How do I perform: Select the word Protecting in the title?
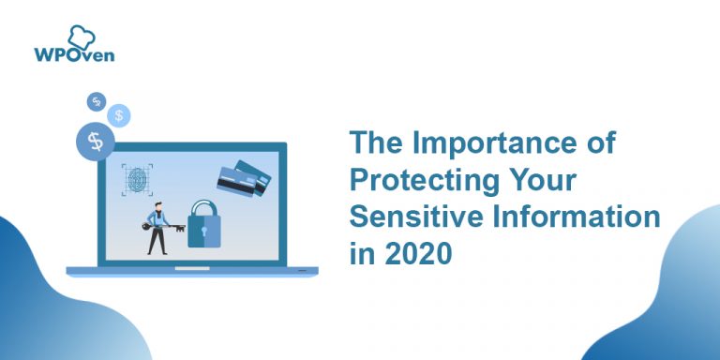pyautogui.click(x=430, y=180)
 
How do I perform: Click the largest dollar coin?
pyautogui.click(x=96, y=142)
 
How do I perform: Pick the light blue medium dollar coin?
pyautogui.click(x=119, y=115)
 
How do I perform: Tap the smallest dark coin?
pyautogui.click(x=96, y=101)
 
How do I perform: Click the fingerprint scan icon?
pyautogui.click(x=137, y=179)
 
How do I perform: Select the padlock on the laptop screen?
pyautogui.click(x=202, y=225)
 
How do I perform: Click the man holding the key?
pyautogui.click(x=156, y=226)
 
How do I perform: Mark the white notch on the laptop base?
pyautogui.click(x=192, y=268)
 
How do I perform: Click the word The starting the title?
pyautogui.click(x=376, y=144)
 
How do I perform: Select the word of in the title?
pyautogui.click(x=599, y=144)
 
